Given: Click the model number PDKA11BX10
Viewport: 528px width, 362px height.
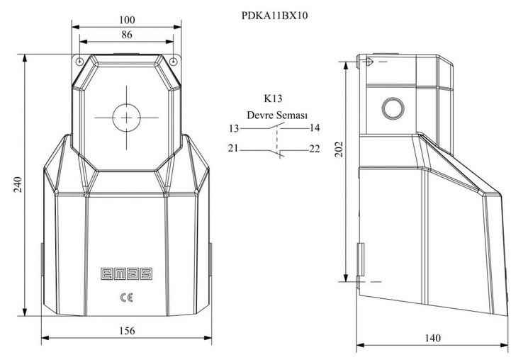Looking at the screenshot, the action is tap(274, 16).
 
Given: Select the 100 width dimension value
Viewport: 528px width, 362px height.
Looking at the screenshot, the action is tap(127, 20).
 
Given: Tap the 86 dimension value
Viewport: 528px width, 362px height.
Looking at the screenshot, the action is tap(127, 35).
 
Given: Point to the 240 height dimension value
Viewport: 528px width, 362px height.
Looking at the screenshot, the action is tap(18, 185).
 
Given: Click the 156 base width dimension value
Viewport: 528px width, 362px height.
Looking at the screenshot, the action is tap(127, 331).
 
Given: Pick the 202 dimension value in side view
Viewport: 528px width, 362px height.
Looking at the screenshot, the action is tap(339, 149).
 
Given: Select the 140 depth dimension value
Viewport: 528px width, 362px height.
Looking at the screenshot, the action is tap(432, 338).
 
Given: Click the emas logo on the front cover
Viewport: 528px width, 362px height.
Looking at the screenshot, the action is tap(127, 273).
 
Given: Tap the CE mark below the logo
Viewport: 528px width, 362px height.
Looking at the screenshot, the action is tap(127, 298).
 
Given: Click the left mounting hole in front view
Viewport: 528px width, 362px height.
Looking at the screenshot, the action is tap(80, 62).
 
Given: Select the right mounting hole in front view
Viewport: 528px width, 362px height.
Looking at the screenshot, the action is tap(173, 62).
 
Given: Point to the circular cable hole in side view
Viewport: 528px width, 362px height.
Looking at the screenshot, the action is tap(393, 108).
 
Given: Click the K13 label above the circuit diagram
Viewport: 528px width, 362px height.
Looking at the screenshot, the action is tap(273, 98).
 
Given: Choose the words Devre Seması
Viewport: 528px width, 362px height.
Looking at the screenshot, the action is tap(277, 115).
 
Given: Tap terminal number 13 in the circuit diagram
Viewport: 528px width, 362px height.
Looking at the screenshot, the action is tap(234, 128).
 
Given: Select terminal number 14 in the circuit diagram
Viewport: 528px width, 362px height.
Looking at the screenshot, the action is tap(315, 128).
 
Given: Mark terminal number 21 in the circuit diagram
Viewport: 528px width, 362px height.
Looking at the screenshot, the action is tap(233, 148).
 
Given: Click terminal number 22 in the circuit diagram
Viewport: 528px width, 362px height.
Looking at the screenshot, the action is tap(315, 149).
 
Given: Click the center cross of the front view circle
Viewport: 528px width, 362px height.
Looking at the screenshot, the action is tap(126, 118).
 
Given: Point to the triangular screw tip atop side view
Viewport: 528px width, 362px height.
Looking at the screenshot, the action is tap(369, 62).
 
